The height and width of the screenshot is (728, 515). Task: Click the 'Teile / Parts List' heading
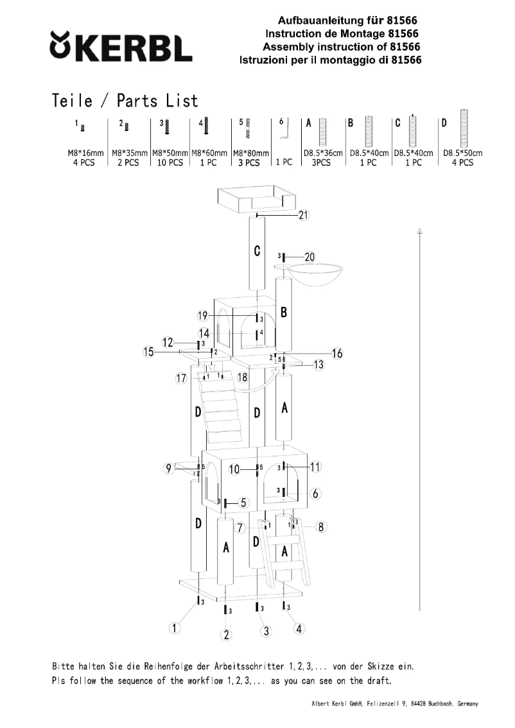click(x=125, y=101)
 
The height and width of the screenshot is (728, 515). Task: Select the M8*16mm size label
click(x=85, y=153)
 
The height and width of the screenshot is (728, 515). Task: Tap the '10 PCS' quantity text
click(x=170, y=163)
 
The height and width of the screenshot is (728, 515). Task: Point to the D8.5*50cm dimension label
click(x=462, y=153)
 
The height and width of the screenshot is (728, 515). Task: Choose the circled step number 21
click(x=304, y=216)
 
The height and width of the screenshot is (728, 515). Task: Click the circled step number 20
click(x=310, y=257)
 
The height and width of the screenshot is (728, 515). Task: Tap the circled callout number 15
click(x=149, y=352)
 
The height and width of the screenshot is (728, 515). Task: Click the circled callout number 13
click(x=319, y=365)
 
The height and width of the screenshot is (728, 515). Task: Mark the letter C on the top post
click(x=257, y=252)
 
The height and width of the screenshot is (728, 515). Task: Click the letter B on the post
click(x=283, y=313)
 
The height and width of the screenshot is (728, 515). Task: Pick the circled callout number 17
click(x=181, y=379)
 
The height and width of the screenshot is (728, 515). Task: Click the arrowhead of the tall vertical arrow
click(x=419, y=229)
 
